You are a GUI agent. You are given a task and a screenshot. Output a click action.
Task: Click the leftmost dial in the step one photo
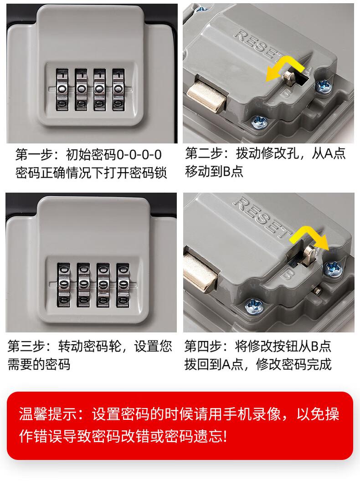pos(62,90)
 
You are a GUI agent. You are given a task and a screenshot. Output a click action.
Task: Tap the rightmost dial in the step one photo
pos(118,90)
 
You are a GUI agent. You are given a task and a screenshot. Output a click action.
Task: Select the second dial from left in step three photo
pos(83,285)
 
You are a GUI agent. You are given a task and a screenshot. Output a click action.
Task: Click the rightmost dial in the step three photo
pos(123,285)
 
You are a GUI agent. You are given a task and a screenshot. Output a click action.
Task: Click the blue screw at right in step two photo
pos(323,86)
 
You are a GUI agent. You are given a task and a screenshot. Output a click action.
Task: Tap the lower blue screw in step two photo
pos(260,122)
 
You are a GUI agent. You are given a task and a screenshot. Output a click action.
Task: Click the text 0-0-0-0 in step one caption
pos(139,154)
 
